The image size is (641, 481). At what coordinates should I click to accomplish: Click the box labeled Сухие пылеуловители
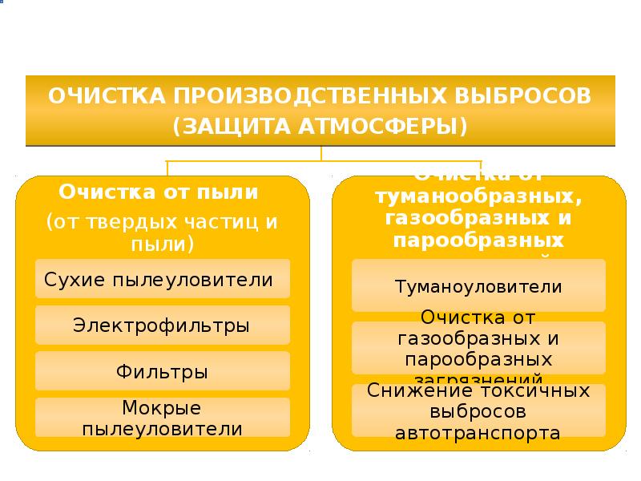(162, 281)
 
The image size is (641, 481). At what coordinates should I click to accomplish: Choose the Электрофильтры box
(162, 326)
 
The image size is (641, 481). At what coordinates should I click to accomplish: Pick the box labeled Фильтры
(162, 372)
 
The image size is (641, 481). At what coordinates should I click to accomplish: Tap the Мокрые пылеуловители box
(162, 418)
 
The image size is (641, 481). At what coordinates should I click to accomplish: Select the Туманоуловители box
(478, 286)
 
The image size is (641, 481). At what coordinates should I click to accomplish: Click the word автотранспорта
(478, 434)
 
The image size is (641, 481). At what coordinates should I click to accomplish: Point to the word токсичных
(535, 391)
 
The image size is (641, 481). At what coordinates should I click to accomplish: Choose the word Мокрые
(162, 408)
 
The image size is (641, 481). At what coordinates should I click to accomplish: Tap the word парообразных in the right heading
(478, 240)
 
